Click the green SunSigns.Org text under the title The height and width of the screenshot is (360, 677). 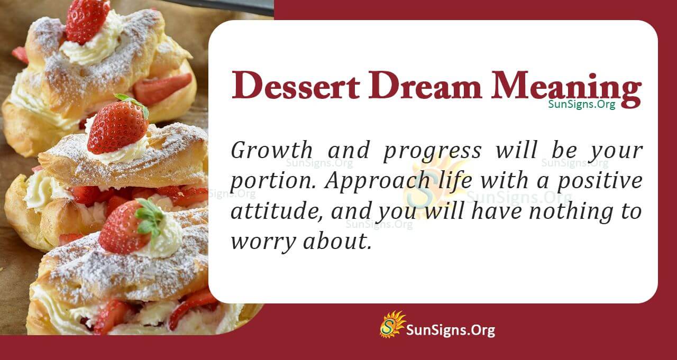pyautogui.click(x=581, y=104)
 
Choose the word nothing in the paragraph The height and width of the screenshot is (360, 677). pyautogui.click(x=563, y=213)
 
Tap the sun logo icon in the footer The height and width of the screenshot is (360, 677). pyautogui.click(x=392, y=324)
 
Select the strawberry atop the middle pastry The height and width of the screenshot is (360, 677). pyautogui.click(x=117, y=128)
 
